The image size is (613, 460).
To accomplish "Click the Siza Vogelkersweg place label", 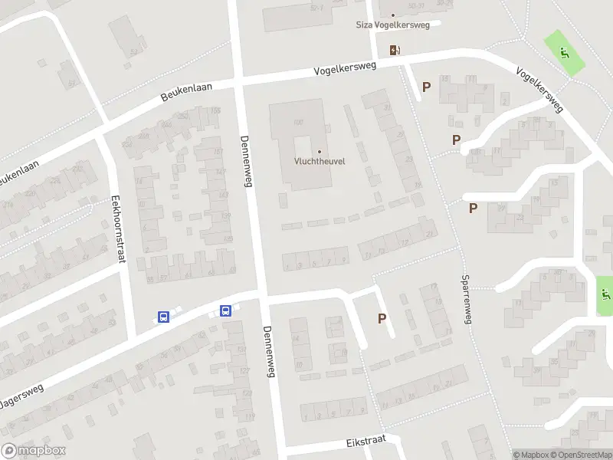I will click(x=393, y=25).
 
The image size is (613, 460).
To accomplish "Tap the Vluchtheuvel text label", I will click(x=319, y=161).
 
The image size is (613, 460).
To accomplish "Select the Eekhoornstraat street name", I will click(x=119, y=228).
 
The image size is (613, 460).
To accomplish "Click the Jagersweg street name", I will click(x=21, y=397).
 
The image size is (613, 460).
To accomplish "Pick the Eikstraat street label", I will click(x=364, y=442).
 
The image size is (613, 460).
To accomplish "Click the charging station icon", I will click(x=395, y=51).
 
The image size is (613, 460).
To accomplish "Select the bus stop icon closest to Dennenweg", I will click(x=226, y=310).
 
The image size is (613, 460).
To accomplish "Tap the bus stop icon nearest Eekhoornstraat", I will click(x=163, y=317).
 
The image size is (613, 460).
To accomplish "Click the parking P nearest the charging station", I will click(x=426, y=87).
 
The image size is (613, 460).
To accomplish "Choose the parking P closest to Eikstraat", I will click(x=382, y=318).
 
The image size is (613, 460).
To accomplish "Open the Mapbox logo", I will click(x=33, y=451).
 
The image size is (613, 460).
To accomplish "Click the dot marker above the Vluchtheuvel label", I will click(x=319, y=151).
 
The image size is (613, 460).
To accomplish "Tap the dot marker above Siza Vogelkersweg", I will click(x=393, y=15).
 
